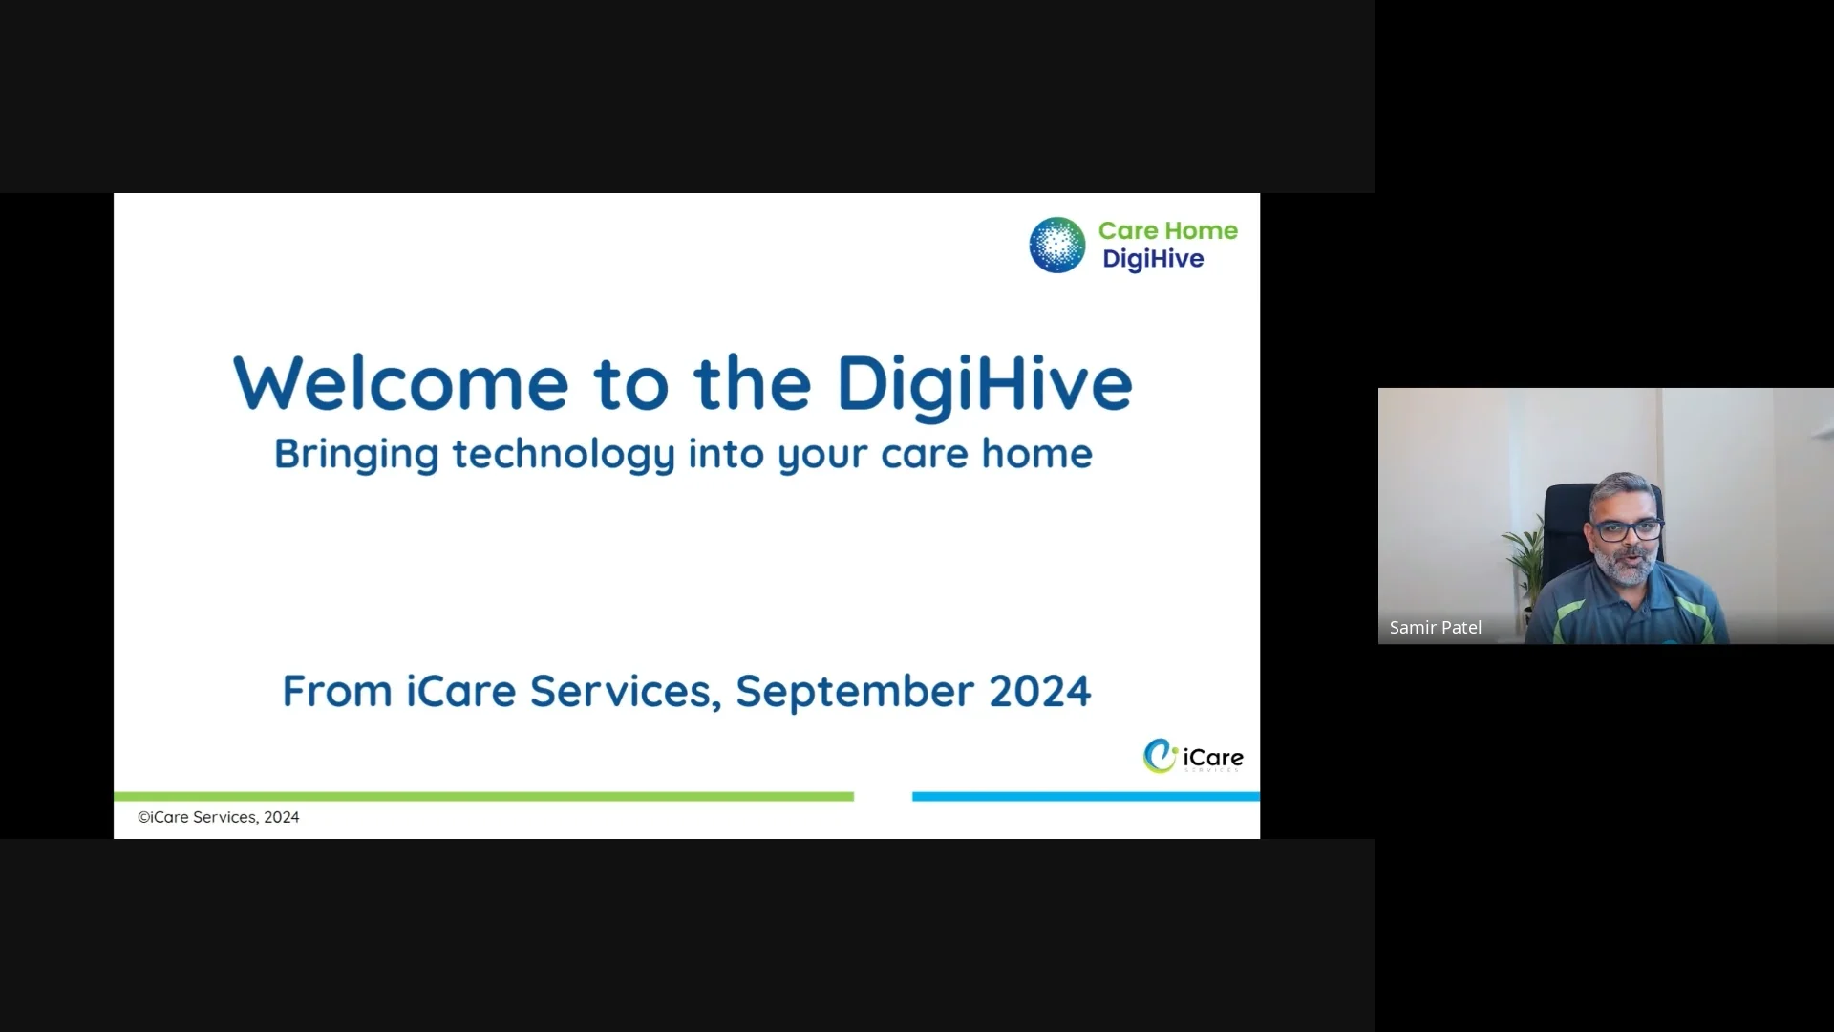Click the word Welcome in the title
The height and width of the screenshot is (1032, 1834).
[401, 384]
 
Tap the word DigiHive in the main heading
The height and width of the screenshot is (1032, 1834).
[984, 384]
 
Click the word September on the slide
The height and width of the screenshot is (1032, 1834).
[855, 691]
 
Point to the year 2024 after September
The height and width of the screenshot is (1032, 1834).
[1039, 691]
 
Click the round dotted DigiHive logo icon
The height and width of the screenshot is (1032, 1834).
[1056, 245]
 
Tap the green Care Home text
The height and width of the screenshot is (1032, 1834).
[1167, 230]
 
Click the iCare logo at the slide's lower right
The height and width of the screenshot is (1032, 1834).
[1193, 757]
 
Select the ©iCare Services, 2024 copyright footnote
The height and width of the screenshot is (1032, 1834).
[219, 817]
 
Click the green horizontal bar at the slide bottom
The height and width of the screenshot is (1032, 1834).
[483, 796]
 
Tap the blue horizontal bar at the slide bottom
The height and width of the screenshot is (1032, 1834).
[1085, 796]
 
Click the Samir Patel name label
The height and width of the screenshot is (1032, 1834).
[1435, 628]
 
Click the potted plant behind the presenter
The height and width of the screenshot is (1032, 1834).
[1525, 564]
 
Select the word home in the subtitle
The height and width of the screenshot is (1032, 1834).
[1036, 454]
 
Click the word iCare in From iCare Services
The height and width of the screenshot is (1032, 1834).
[460, 691]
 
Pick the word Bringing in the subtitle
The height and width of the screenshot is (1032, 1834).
[355, 454]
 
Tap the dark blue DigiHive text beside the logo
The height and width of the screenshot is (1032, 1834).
[1153, 259]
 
